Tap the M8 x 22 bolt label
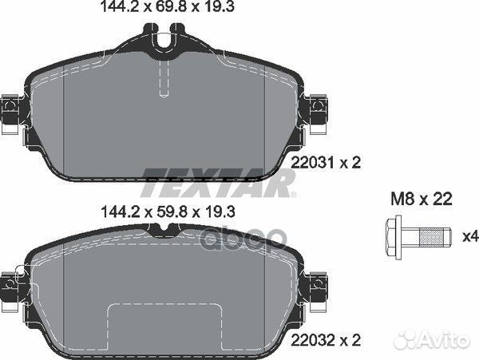[422, 200]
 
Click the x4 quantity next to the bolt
[470, 236]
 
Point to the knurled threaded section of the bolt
[431, 237]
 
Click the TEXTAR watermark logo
[218, 183]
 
